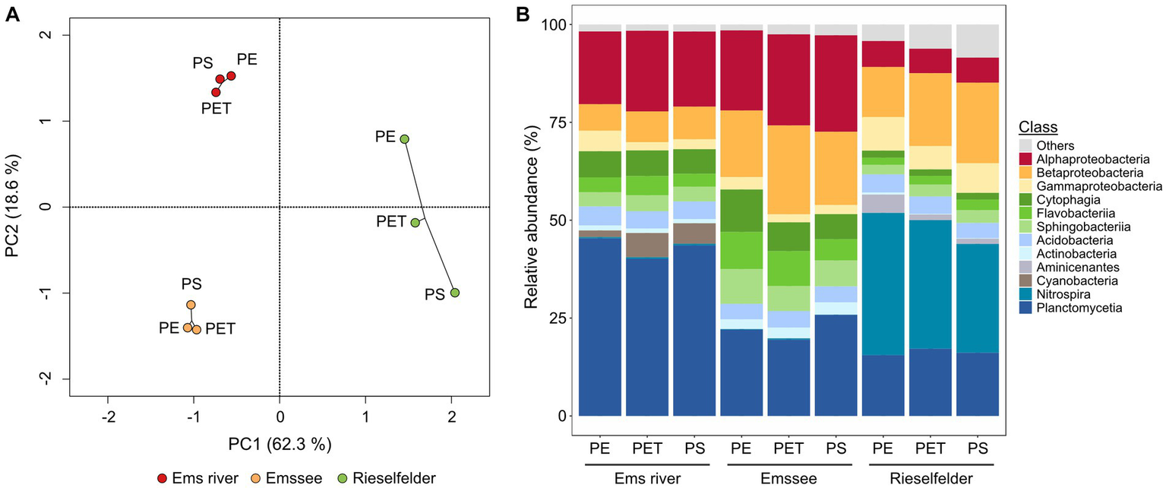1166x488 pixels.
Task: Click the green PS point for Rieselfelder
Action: (454, 293)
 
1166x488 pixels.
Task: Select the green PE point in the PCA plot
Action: (405, 139)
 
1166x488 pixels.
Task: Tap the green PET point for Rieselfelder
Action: (415, 223)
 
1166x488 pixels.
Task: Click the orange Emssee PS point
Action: (191, 305)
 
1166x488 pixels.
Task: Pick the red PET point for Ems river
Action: (216, 92)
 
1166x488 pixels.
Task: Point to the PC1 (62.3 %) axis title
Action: (280, 443)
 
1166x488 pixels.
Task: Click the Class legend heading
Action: (1038, 128)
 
